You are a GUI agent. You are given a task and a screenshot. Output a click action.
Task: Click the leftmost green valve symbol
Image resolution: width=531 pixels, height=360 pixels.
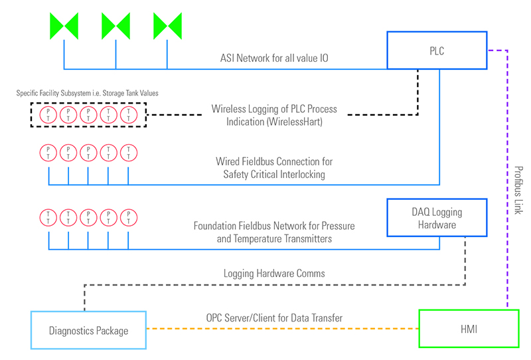coord(64,26)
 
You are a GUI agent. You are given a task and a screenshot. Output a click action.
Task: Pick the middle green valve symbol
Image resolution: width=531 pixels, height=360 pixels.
coord(115,26)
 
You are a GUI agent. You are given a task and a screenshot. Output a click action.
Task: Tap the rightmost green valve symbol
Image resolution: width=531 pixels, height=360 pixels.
coord(167,26)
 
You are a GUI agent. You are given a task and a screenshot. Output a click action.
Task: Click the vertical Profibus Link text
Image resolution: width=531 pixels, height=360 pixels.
coord(519,190)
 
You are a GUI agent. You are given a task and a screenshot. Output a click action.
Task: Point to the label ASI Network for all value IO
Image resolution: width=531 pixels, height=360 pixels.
coord(275,58)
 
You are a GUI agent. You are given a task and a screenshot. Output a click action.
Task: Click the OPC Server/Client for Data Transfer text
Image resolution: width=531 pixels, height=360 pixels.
coord(273,318)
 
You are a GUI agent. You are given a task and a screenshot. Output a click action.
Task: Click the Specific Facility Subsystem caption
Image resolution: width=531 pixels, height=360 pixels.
coord(87,93)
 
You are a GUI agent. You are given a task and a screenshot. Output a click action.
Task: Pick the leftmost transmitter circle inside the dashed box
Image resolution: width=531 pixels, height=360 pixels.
coord(48,115)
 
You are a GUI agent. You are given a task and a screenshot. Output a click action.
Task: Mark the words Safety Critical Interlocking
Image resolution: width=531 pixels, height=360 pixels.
coord(275,174)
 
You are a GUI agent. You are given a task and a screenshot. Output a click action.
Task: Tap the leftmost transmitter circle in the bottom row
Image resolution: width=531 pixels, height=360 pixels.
coord(48,217)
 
